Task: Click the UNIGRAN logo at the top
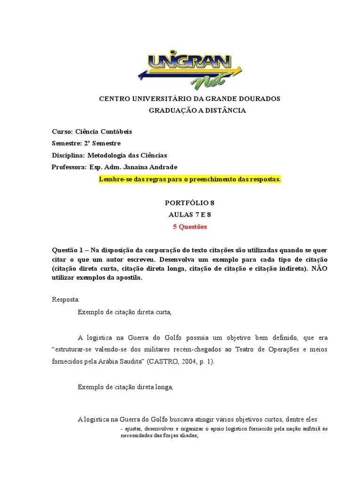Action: pyautogui.click(x=190, y=70)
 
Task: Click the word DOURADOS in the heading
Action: pyautogui.click(x=258, y=99)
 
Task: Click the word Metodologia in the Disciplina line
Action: pyautogui.click(x=108, y=155)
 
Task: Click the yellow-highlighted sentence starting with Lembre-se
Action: pyautogui.click(x=190, y=179)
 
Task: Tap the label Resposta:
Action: pyautogui.click(x=66, y=300)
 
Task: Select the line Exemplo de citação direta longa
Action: pyautogui.click(x=126, y=387)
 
